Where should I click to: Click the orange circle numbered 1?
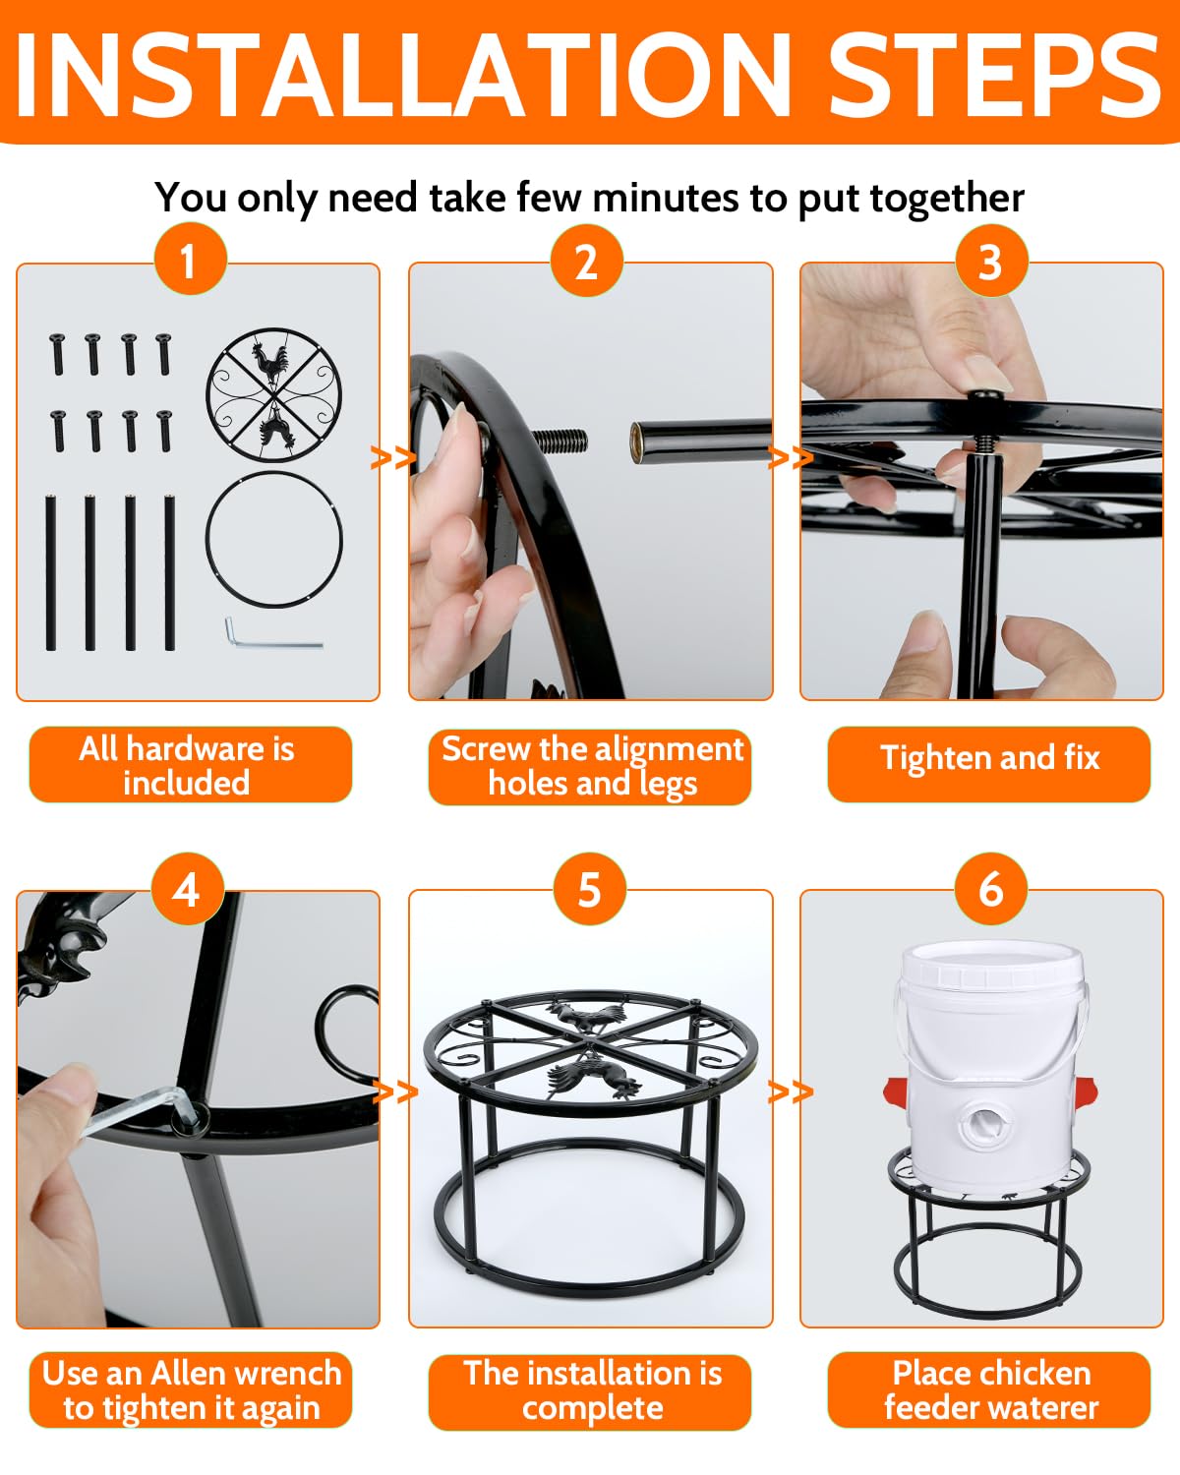click(x=191, y=259)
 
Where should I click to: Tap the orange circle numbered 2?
click(x=586, y=261)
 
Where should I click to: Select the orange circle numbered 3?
click(x=991, y=261)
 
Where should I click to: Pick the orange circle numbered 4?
click(x=187, y=889)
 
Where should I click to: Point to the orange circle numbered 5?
click(x=590, y=889)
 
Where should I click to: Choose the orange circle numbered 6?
click(x=991, y=889)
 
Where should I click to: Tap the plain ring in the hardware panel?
click(x=274, y=472)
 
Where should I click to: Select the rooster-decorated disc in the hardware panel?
click(x=273, y=394)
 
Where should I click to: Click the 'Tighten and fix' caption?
click(x=989, y=758)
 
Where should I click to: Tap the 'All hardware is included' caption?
click(x=187, y=765)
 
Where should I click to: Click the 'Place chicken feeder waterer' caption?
click(x=991, y=1390)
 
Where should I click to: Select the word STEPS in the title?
click(x=994, y=74)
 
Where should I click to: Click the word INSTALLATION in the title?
click(x=403, y=74)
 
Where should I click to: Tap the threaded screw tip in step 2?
click(x=560, y=441)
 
